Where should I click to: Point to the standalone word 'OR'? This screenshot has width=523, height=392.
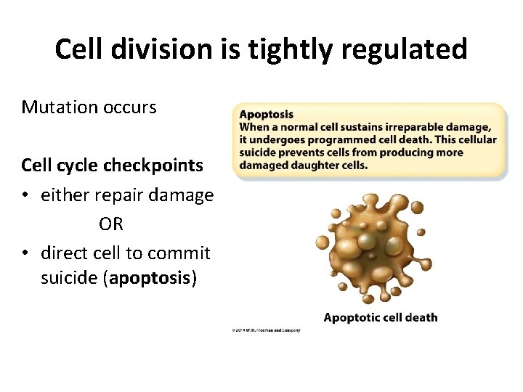pos(111,224)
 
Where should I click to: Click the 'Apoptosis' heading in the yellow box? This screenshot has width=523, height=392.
pos(267,114)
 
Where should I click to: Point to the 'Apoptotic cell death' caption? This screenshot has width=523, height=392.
pos(381,317)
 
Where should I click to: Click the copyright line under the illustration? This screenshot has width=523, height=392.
pos(266,330)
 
